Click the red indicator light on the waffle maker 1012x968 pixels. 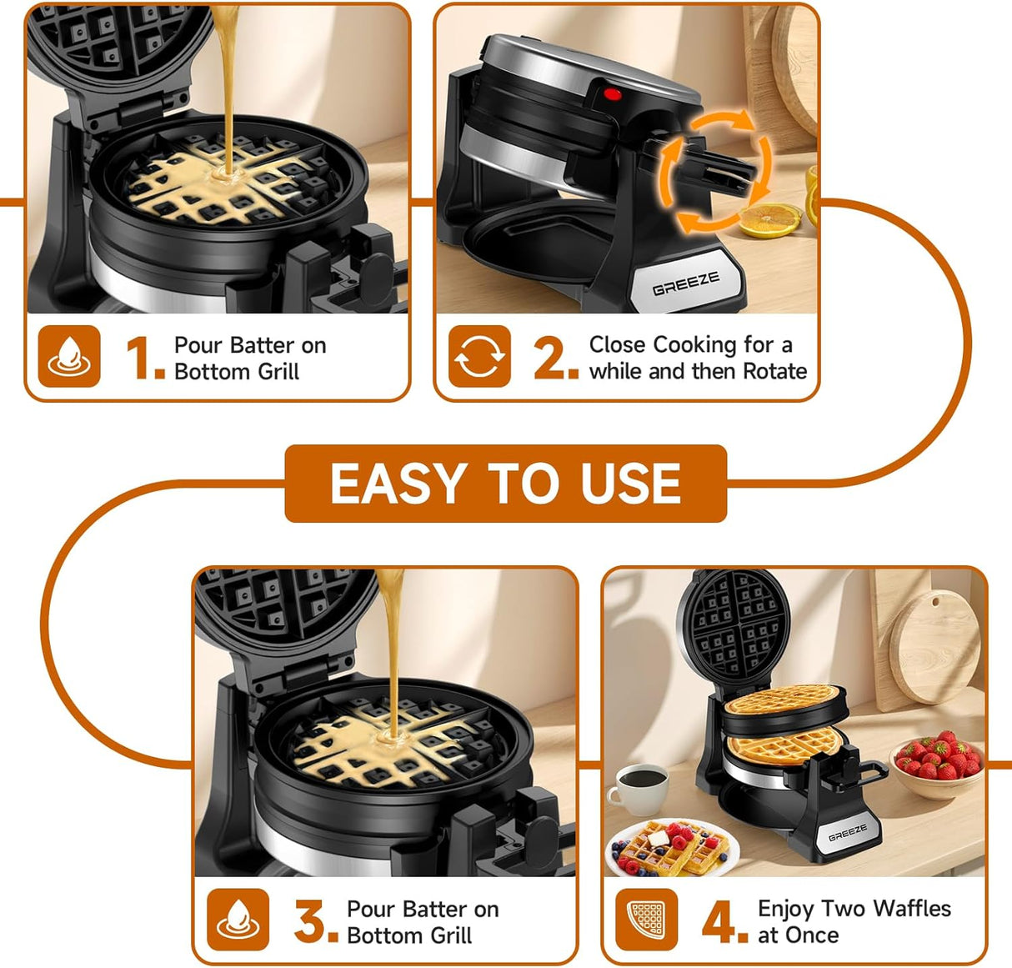point(613,94)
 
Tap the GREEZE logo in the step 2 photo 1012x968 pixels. point(685,284)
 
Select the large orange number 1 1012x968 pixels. point(143,358)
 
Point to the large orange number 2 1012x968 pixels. point(555,358)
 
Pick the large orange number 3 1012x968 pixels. point(315,921)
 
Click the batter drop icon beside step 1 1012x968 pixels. point(69,357)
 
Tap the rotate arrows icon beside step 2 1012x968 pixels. point(479,357)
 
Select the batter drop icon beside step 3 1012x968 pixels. point(238,920)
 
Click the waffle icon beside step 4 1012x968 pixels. point(647,920)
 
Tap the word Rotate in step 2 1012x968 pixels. point(774,371)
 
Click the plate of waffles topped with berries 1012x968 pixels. point(673,848)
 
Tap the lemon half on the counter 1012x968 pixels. point(768,221)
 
